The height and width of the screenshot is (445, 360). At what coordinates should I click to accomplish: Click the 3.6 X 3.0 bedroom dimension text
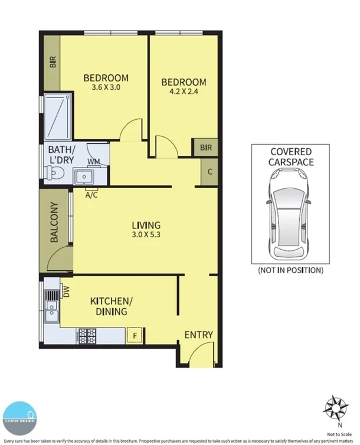coord(106,88)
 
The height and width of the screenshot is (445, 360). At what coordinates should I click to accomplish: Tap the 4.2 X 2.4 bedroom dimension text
coord(184,92)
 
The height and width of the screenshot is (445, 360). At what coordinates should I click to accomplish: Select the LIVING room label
coord(146,225)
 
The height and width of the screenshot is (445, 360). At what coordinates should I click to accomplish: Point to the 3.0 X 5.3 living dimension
coord(146,235)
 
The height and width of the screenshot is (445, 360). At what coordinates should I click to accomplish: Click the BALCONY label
coord(54,222)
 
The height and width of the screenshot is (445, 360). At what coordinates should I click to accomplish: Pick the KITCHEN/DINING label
coord(112,306)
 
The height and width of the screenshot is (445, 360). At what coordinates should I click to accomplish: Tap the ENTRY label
coord(198,335)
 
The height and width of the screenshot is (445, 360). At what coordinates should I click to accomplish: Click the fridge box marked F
coord(135,336)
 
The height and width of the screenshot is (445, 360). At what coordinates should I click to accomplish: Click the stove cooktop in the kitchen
coord(87,337)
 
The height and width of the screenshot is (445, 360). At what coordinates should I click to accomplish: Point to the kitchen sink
coord(51,306)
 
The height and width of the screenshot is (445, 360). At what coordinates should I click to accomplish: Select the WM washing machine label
coord(93,161)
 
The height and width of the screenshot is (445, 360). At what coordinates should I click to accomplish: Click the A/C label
coord(91,194)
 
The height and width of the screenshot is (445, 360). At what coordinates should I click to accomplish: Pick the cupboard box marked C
coord(211,172)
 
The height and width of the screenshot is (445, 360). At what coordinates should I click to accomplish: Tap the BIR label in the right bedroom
coord(205,147)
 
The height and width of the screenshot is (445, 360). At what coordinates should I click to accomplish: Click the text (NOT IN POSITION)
coord(290,270)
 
